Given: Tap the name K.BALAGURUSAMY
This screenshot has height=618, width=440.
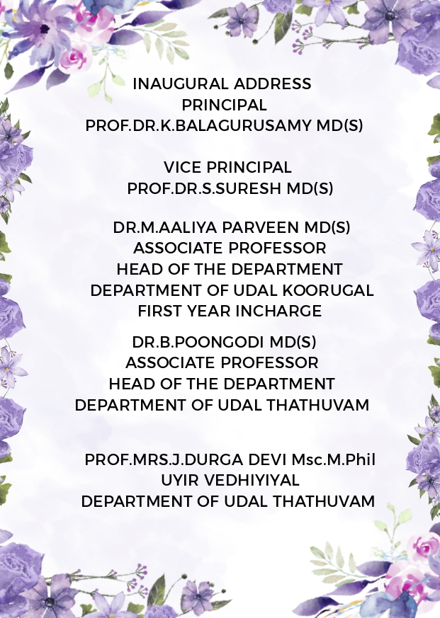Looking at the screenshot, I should pos(248,126).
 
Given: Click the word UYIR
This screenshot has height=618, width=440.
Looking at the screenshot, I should pos(180,481).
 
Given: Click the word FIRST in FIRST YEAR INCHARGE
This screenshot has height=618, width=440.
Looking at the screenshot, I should pos(159,311).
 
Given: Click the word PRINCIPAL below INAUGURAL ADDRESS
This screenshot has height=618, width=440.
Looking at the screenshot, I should pos(224,105).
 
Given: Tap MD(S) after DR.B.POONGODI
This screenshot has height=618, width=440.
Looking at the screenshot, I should pos(295,342).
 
